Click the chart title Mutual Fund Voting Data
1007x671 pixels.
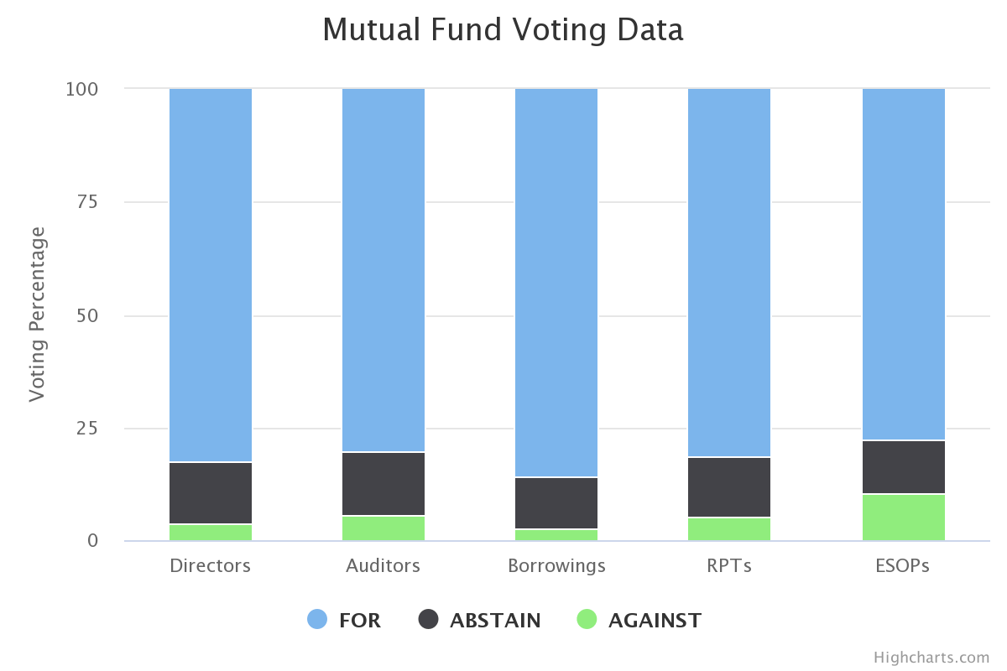click(503, 30)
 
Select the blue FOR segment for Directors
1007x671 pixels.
click(211, 275)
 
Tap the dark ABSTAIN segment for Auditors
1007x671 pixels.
click(383, 484)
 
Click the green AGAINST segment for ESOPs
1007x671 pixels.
click(904, 518)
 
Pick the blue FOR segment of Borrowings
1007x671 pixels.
click(556, 283)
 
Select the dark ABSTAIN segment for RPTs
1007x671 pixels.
click(729, 487)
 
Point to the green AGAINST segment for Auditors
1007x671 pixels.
click(383, 528)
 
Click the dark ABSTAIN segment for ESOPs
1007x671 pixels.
click(904, 467)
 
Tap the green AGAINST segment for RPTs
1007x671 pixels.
click(729, 529)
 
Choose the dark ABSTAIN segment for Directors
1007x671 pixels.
click(211, 493)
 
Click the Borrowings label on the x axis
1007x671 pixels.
click(556, 566)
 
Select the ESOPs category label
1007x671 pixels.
click(904, 566)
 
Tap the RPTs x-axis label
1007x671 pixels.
click(729, 566)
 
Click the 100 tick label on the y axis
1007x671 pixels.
click(82, 89)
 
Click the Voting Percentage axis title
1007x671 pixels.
click(38, 315)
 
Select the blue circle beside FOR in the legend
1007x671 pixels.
click(317, 620)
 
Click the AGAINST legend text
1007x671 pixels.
click(655, 621)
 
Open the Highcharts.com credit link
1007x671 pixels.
click(931, 657)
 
